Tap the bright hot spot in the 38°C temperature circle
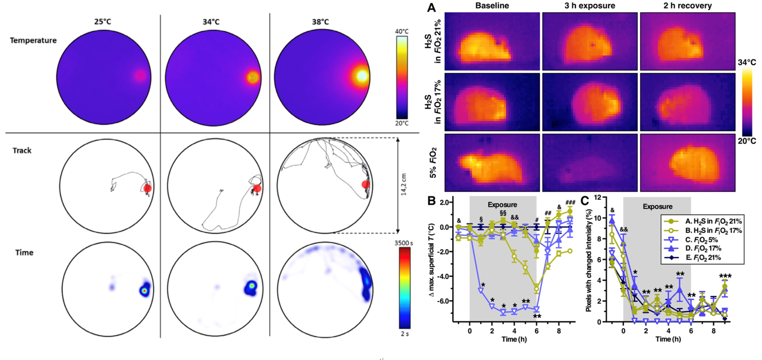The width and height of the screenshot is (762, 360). tap(362, 76)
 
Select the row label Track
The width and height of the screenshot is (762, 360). tap(22, 151)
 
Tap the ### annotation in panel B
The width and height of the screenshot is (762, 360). tap(570, 202)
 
